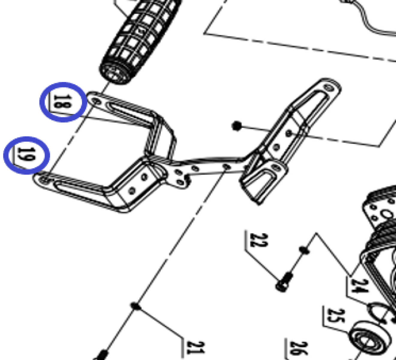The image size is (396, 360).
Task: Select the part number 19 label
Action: tap(26, 154)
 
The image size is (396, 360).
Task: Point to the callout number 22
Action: tap(259, 240)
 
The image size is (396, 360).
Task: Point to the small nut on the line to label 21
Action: tap(136, 307)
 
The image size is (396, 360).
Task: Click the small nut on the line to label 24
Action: tap(304, 250)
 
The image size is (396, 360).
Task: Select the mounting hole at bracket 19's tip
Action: tap(45, 179)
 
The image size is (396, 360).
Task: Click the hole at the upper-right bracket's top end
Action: tap(329, 87)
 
